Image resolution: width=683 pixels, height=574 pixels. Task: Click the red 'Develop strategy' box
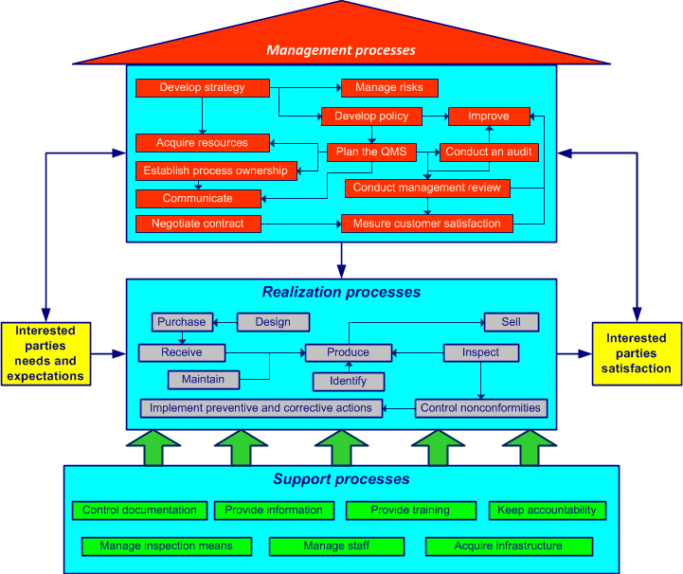tap(202, 88)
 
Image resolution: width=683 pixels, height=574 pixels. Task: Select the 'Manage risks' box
tap(388, 88)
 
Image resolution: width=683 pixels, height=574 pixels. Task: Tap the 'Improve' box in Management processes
tap(488, 117)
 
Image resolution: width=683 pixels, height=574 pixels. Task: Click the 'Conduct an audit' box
tap(488, 152)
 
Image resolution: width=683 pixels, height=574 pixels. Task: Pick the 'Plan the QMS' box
tap(371, 152)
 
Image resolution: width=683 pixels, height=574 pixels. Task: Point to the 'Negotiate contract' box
tap(197, 224)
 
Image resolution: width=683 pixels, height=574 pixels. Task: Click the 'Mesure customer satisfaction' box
tap(426, 224)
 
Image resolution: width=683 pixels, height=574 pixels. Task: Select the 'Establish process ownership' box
tap(215, 170)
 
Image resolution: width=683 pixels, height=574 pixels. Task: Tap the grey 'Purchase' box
tap(182, 322)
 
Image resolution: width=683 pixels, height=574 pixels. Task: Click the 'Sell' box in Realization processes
tap(511, 322)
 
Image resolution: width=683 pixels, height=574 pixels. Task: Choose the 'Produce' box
tap(348, 352)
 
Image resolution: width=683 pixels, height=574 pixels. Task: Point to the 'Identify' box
tap(348, 381)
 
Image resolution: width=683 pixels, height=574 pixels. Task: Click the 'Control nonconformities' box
tap(480, 408)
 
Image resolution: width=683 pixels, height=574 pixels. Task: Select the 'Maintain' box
tap(203, 380)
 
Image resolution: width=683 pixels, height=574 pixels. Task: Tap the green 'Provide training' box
tap(409, 511)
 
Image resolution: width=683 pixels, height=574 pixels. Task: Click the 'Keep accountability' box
tap(547, 511)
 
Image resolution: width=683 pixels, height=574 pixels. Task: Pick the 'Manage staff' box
tap(335, 547)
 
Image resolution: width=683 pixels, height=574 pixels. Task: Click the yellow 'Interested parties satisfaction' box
tap(636, 353)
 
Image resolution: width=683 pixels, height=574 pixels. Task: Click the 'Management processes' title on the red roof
tap(340, 50)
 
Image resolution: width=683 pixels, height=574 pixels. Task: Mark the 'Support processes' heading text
tap(341, 479)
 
